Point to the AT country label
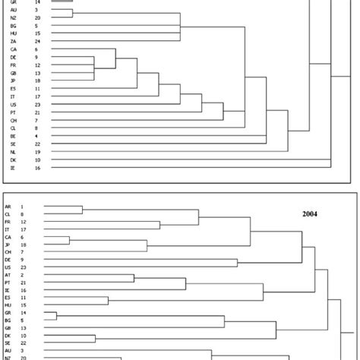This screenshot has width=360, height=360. [8, 273]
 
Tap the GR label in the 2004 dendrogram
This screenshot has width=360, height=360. [8, 314]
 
